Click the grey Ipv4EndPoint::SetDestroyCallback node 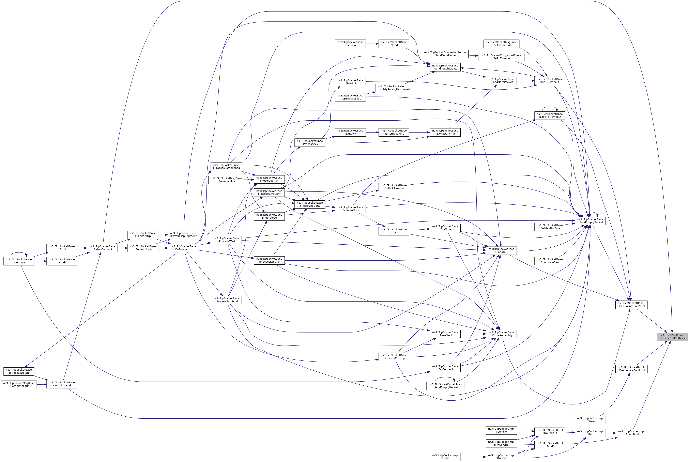tap(672, 337)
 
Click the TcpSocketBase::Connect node tap(19, 261)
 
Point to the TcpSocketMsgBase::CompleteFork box tap(19, 385)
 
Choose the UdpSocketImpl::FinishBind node tap(631, 433)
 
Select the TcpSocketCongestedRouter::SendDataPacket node tap(445, 54)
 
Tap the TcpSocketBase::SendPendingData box tap(445, 67)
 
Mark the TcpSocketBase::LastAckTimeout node tap(550, 115)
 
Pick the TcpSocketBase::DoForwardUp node tap(183, 248)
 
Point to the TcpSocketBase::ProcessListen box tap(19, 371)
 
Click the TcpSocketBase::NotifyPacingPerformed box tap(394, 88)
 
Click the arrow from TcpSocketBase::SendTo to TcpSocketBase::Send tap(372, 44)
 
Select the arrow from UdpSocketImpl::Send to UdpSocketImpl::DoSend tap(473, 457)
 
